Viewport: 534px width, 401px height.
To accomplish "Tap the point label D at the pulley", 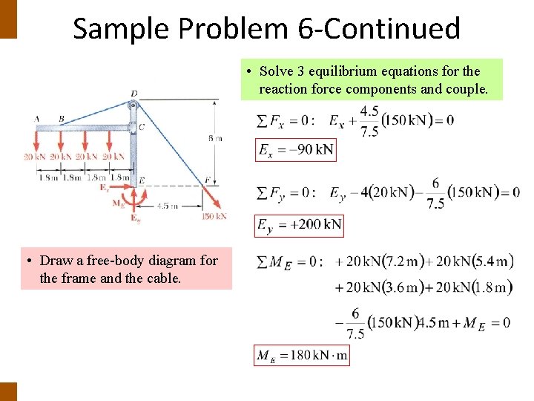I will [x=133, y=94].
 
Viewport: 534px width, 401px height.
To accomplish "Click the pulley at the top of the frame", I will [x=133, y=105].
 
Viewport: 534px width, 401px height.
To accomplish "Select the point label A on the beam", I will [x=38, y=119].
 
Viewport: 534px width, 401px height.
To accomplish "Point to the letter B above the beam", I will [x=61, y=119].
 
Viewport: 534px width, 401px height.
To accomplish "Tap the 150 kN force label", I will [x=214, y=216].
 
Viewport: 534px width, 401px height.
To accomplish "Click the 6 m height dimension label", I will [x=215, y=138].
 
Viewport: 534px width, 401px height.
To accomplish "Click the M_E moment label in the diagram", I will [x=118, y=202].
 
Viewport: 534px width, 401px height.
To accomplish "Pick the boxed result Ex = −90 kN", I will [x=295, y=150].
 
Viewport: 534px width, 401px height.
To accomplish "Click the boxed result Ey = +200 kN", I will [x=299, y=224].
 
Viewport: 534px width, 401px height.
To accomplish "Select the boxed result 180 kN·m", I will [x=302, y=356].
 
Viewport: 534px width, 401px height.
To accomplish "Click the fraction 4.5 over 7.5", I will [x=369, y=121].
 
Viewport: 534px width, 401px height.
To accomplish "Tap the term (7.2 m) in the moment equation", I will [x=403, y=261].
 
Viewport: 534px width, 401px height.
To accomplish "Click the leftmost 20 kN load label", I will [x=34, y=157].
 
